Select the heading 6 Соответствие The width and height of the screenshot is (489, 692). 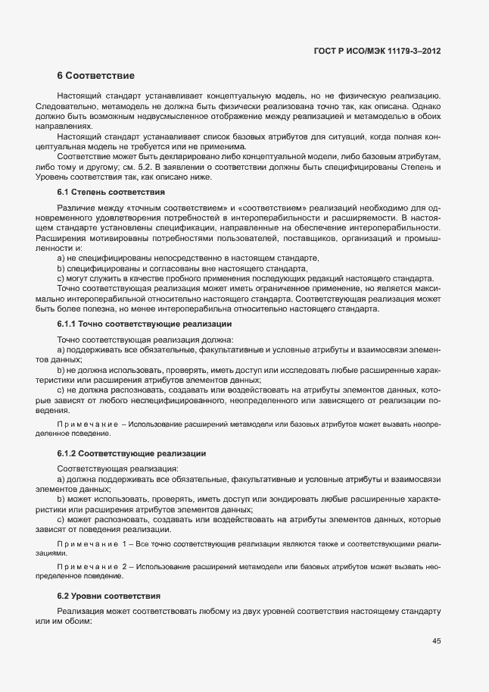tap(95, 76)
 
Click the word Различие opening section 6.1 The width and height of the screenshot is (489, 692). tap(77, 208)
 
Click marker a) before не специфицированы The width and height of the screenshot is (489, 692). tap(61, 258)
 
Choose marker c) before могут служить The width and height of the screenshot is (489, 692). tap(61, 277)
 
